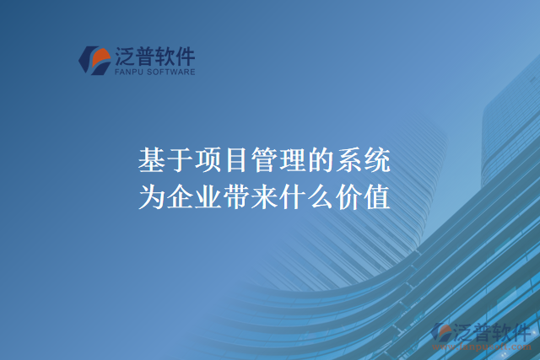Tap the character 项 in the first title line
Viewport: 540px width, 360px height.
coord(208,160)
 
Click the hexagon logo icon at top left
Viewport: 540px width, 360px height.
coord(94,60)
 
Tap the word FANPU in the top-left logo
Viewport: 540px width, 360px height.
coord(128,73)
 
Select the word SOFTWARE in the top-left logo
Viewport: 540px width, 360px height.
coord(171,73)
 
